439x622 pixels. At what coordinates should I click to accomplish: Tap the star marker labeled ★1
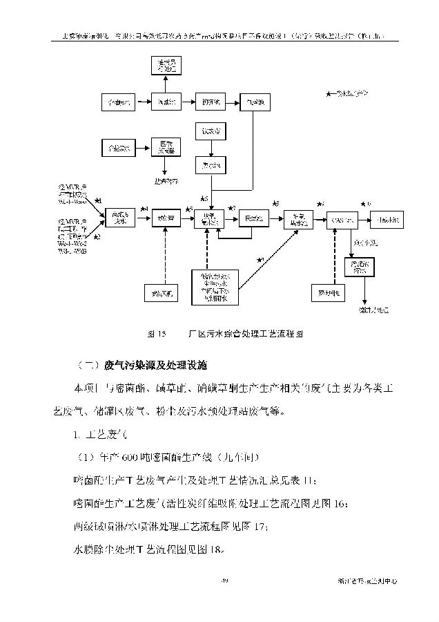tap(98, 201)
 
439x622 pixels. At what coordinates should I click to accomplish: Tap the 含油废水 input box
tap(117, 103)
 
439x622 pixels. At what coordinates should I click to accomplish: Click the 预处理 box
tap(165, 219)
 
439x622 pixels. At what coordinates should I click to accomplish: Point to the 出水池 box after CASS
tap(387, 219)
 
